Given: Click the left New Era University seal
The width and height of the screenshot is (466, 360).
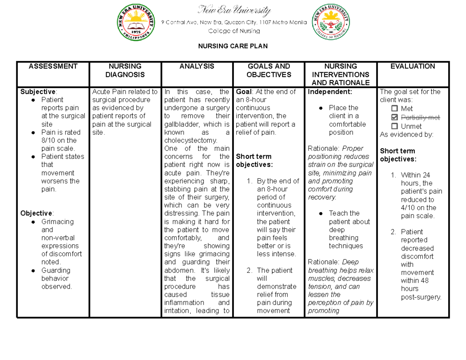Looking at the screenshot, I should coord(136,24).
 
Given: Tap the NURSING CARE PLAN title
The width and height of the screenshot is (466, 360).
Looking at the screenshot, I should coord(233,47).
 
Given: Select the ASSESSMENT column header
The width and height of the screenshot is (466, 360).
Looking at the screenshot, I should coord(53,66).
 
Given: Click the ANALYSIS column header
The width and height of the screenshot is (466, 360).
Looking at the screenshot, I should coord(196,66).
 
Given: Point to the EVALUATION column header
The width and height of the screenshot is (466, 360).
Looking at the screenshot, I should coord(413,66).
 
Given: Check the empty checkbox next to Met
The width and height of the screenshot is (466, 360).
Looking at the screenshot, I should coord(395,109).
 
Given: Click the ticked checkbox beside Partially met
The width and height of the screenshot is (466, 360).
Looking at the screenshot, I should coord(395,117).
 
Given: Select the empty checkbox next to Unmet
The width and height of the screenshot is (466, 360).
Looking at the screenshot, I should coord(395,126).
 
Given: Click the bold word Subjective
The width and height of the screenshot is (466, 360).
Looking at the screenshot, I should coord(38,92).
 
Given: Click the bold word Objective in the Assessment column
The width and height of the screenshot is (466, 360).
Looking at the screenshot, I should coord(36,213).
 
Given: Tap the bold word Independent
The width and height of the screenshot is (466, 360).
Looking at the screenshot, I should coord(330,92).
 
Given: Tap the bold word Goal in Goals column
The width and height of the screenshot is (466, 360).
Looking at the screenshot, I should coord(243,92).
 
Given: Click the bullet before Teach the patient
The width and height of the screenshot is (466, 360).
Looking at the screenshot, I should coord(321,214).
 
